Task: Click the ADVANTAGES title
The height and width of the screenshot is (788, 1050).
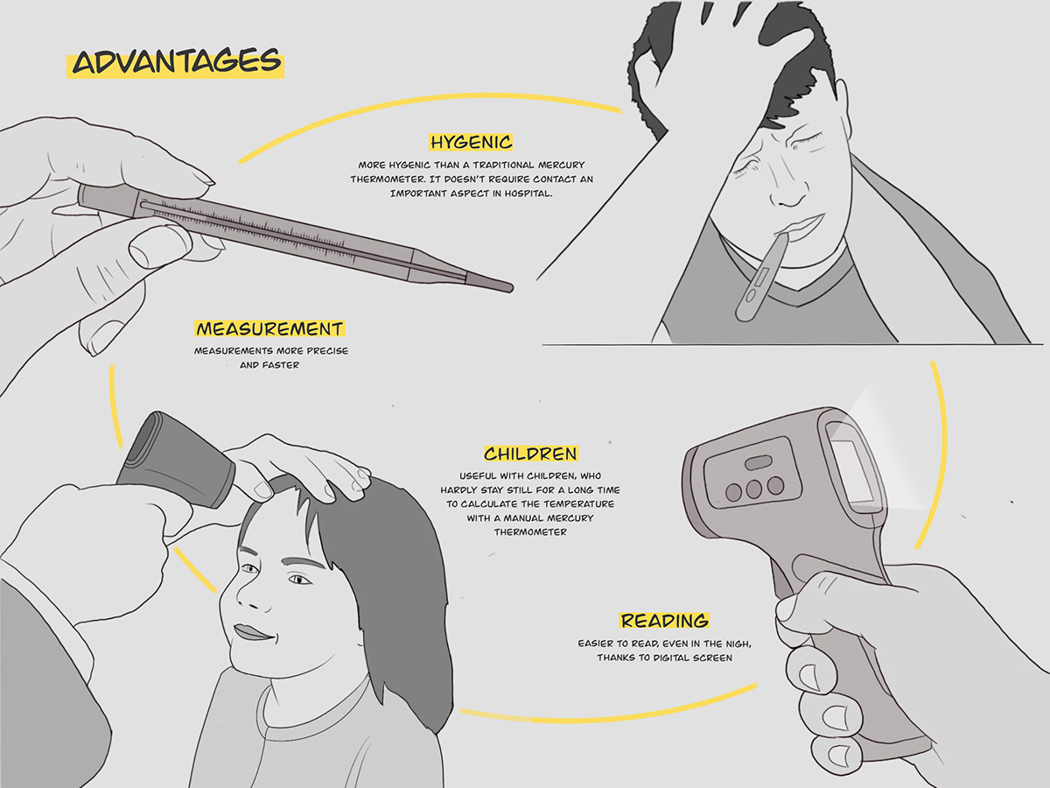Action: point(176,63)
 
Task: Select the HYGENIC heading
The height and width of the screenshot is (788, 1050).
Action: point(470,142)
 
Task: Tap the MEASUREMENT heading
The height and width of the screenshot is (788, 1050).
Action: point(269,329)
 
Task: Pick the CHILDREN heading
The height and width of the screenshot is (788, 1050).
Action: point(530,454)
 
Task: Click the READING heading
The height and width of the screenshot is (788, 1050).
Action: point(664,621)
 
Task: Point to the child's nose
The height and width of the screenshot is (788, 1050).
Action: point(248,597)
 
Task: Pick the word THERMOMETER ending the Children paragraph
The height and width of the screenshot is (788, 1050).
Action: point(530,531)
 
